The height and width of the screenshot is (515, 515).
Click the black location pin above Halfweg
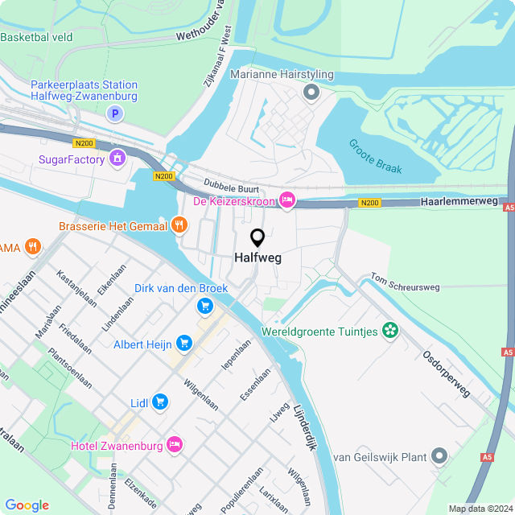coord(257,238)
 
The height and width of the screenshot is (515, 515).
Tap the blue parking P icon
coord(115,114)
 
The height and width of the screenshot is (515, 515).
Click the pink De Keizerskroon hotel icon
coord(287,200)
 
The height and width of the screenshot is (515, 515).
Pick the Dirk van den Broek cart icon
coord(204,306)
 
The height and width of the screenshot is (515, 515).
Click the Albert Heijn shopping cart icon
coord(184,344)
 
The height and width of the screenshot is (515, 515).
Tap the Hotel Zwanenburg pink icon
coord(174,445)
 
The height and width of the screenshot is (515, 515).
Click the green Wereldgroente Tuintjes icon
coord(390,331)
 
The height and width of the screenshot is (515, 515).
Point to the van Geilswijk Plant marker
coord(439,457)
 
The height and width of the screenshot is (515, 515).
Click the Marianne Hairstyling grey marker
coord(311,93)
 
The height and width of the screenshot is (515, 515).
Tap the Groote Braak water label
coord(375,156)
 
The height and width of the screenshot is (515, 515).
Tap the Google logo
coord(27,505)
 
